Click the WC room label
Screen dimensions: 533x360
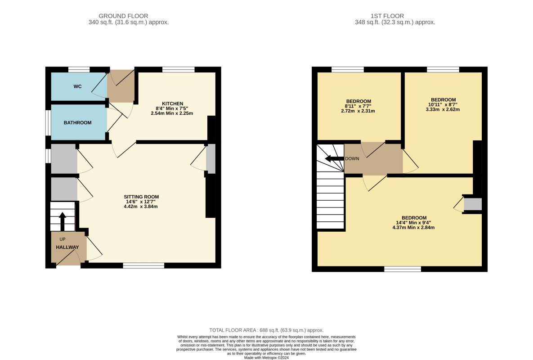pos(77,87)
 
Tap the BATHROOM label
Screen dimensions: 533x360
pos(77,123)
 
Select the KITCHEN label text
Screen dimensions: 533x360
pos(172,103)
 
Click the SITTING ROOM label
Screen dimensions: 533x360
pos(141,197)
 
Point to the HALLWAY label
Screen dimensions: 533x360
pos(67,247)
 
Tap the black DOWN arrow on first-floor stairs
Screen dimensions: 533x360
pos(335,159)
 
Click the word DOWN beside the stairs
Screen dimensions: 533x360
pos(352,159)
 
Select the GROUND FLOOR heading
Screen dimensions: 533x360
pos(123,16)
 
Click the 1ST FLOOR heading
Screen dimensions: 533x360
pos(387,16)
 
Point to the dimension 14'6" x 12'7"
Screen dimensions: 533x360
pos(141,202)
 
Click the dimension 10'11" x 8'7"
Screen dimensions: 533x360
pos(443,105)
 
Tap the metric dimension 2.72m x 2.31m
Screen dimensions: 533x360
pos(358,111)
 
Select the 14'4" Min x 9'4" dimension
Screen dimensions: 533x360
pos(413,223)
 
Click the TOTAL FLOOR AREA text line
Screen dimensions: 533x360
pos(266,330)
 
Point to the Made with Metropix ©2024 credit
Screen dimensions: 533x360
pos(266,358)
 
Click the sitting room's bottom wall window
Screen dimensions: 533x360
pos(143,265)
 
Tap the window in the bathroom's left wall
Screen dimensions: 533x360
pos(48,122)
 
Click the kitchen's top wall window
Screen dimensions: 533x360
pos(179,69)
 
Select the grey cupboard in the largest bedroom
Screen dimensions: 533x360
pos(473,204)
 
